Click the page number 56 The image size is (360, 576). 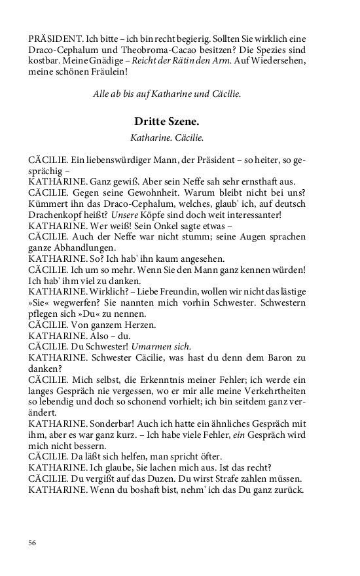pyautogui.click(x=33, y=543)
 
